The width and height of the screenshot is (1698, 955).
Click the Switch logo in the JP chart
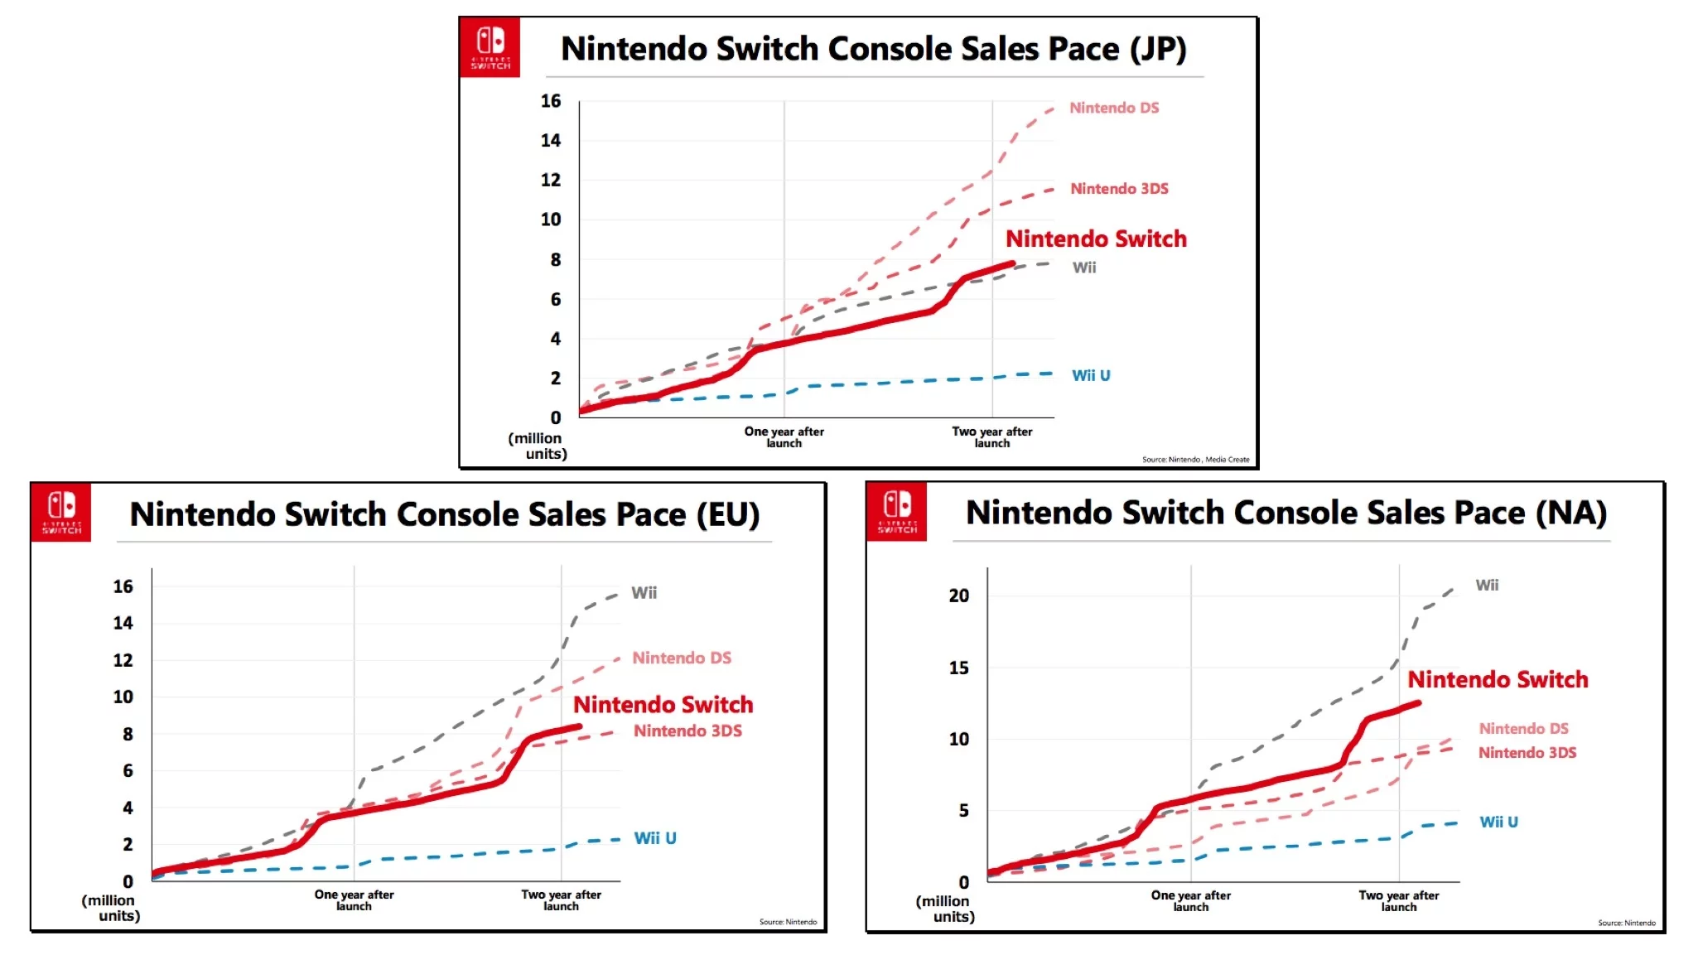(x=490, y=47)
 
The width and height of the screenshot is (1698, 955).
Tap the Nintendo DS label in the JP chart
(x=1114, y=108)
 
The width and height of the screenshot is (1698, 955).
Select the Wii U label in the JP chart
(x=1091, y=375)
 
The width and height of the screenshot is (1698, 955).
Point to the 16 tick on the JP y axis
(x=551, y=101)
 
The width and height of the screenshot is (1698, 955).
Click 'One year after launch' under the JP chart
(x=784, y=437)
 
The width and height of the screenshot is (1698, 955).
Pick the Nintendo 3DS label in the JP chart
(x=1119, y=189)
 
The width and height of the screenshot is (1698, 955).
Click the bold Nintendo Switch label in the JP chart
(x=1096, y=239)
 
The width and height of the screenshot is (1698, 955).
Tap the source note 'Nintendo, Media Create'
(x=1195, y=460)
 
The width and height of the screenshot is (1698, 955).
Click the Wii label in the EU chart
(x=644, y=593)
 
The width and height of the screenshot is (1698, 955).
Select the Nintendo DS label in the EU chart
(x=682, y=658)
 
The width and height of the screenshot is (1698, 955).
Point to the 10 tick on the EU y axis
(x=123, y=697)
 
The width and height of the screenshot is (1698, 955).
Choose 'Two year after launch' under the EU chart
(x=561, y=900)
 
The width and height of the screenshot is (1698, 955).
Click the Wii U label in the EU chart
(x=655, y=838)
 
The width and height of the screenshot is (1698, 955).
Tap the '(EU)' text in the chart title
(x=727, y=514)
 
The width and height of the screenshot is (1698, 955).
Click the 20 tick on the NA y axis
(x=958, y=596)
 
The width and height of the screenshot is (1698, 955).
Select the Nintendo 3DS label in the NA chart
(x=1527, y=753)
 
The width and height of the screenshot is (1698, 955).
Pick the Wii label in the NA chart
(x=1487, y=586)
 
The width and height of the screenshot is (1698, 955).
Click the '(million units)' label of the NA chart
(x=946, y=909)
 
